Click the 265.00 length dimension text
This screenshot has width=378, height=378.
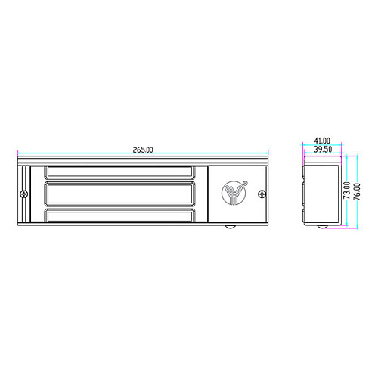tap(143, 150)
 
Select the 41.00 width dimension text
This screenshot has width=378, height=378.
tap(322, 141)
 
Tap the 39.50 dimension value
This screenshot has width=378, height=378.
tap(323, 149)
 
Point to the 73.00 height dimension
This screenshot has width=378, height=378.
tap(347, 191)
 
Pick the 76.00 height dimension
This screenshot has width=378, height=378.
tap(357, 191)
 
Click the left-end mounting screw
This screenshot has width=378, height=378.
tap(24, 194)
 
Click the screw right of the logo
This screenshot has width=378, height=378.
tap(262, 194)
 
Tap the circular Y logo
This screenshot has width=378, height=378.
tap(234, 194)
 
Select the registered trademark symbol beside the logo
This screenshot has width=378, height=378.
tap(245, 183)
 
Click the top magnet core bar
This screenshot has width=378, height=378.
tap(119, 172)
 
